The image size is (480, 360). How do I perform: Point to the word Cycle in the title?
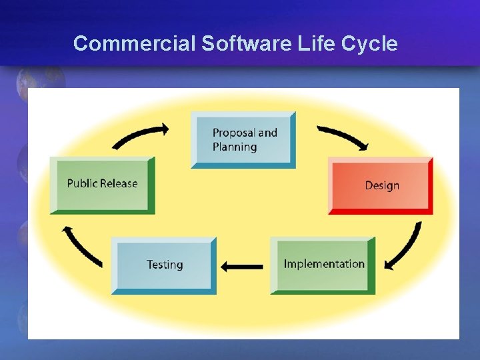pyautogui.click(x=369, y=44)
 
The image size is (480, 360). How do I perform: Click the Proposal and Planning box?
pyautogui.click(x=243, y=140)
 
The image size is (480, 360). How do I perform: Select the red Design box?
pyautogui.click(x=381, y=185)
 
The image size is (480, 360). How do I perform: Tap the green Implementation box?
pyautogui.click(x=323, y=265)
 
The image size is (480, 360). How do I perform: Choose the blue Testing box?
pyautogui.click(x=164, y=265)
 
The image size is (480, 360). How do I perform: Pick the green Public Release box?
pyautogui.click(x=102, y=185)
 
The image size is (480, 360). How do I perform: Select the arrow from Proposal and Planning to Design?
pyautogui.click(x=343, y=136)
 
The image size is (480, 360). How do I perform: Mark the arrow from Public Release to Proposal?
pyautogui.click(x=141, y=134)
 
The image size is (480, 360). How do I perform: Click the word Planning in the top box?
pyautogui.click(x=235, y=147)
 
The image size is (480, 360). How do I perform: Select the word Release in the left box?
pyautogui.click(x=119, y=183)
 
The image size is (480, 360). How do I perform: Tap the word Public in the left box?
pyautogui.click(x=82, y=183)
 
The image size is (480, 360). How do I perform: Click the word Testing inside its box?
pyautogui.click(x=165, y=265)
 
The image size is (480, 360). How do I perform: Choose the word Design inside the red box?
pyautogui.click(x=382, y=185)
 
